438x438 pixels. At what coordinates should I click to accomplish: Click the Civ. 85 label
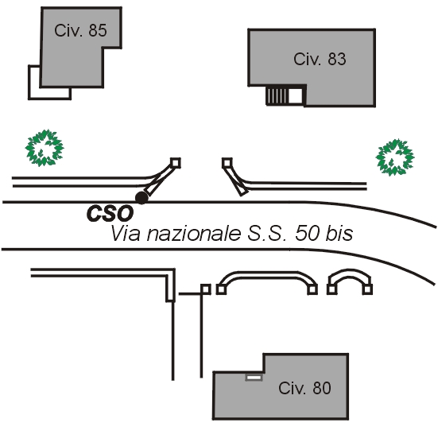coord(80,30)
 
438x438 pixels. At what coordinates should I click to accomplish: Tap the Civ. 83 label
coord(320,59)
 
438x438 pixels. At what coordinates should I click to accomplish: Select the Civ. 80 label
coord(304,388)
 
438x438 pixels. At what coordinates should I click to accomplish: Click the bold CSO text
coord(110,213)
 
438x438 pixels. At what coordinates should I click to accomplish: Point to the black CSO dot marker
coord(141,198)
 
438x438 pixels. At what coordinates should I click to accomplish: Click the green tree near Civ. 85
coord(45,148)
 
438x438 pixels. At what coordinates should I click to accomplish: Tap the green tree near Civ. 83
coord(395,157)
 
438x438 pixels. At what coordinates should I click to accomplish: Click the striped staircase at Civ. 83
coord(277,96)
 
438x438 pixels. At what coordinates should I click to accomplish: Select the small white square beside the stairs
coord(295,96)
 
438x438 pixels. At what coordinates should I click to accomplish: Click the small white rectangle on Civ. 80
coord(254,378)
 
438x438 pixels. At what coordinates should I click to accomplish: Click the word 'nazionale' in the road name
coord(194,234)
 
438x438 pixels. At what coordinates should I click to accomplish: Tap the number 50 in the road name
coord(307,233)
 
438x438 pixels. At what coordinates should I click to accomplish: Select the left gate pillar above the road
coord(176,163)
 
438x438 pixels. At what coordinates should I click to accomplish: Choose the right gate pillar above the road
coord(227,163)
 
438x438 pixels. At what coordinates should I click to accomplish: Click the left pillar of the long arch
coord(221,289)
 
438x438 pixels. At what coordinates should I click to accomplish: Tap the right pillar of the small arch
coord(367,289)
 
